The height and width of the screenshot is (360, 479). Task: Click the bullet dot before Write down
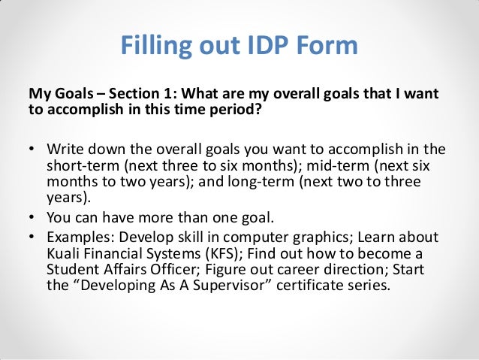pos(32,147)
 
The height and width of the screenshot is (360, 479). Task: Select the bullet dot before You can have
pos(32,218)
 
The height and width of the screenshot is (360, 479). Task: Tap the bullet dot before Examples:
pos(32,237)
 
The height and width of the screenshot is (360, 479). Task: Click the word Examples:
pos(80,237)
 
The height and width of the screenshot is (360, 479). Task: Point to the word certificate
pos(306,287)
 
